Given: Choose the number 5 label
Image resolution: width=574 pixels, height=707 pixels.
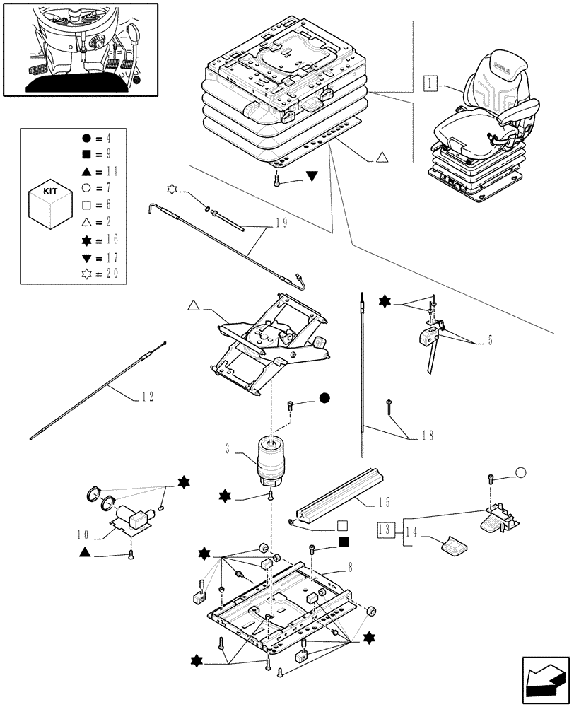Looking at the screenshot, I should (x=489, y=341).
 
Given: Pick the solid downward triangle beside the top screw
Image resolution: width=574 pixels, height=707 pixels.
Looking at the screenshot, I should (x=312, y=176).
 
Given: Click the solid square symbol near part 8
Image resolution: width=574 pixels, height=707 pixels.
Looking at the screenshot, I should (x=343, y=542).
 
